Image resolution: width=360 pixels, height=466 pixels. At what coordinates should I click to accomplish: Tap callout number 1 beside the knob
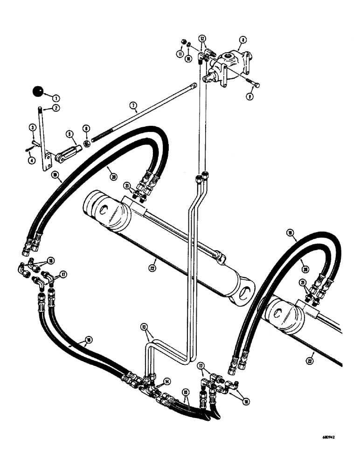56,98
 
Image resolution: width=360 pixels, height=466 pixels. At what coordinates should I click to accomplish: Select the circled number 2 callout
56,108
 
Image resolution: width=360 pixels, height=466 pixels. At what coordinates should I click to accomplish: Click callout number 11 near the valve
180,54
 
